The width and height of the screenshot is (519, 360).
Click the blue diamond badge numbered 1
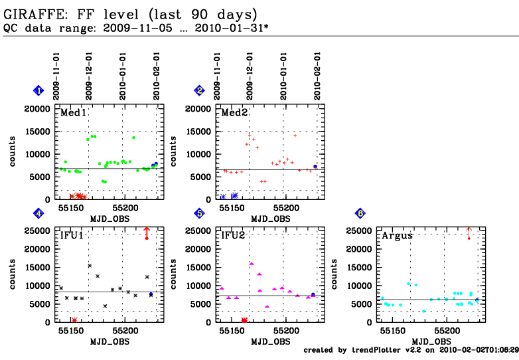[x=40, y=90]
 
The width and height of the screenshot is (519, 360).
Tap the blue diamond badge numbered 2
[x=199, y=90]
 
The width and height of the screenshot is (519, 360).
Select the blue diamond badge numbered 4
[x=40, y=213]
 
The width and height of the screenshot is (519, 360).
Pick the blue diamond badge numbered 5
[x=199, y=213]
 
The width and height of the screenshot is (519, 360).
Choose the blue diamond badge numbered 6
[x=360, y=213]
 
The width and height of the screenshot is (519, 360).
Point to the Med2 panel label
[x=234, y=113]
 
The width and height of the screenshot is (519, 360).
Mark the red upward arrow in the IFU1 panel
[x=147, y=232]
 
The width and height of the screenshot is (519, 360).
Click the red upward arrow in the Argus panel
[x=469, y=232]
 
